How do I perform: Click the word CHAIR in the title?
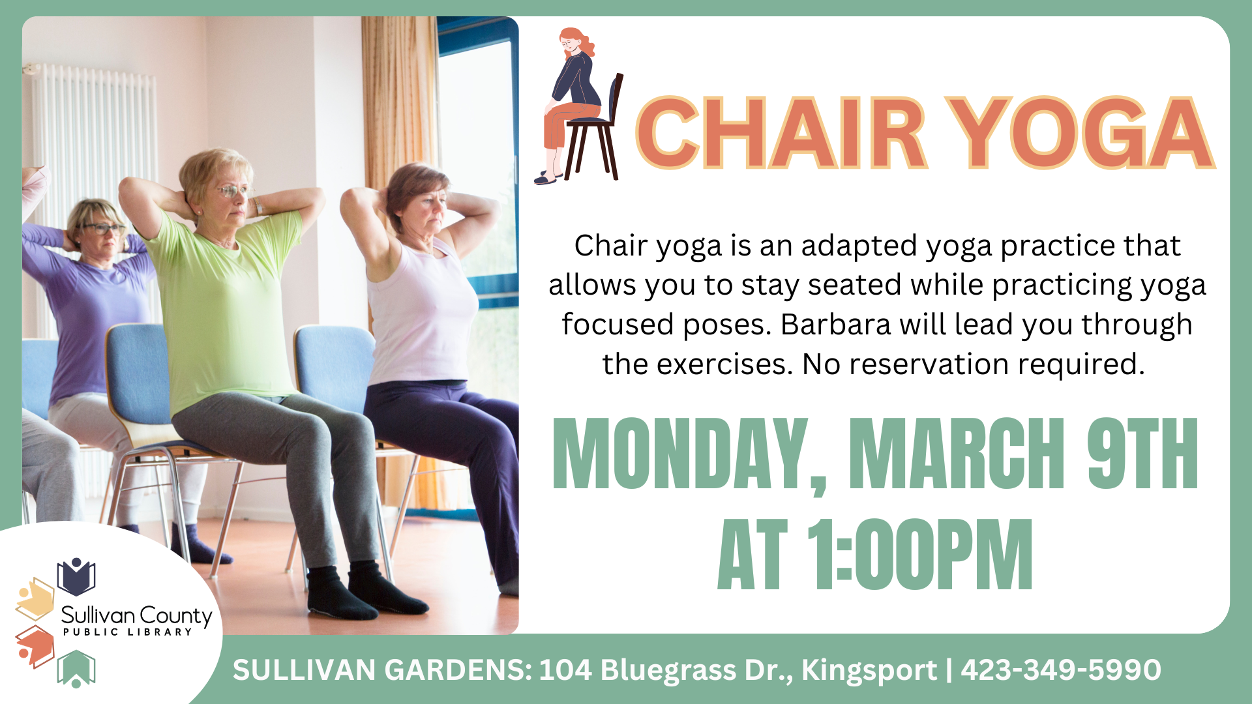[781, 133]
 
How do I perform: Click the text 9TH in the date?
[1142, 454]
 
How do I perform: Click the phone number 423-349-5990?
[1061, 670]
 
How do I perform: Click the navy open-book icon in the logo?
[76, 577]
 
